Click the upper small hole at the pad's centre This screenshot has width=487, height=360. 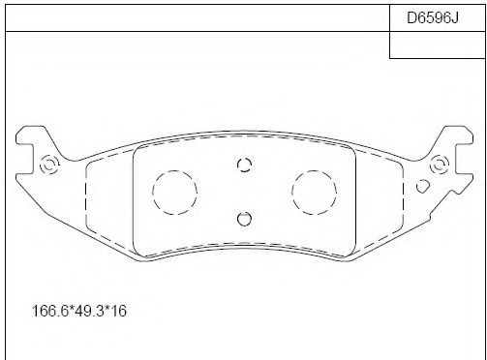244,165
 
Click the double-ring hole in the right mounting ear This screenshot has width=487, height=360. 439,165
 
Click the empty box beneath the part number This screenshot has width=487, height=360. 438,45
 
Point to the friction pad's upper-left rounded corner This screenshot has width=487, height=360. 138,148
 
